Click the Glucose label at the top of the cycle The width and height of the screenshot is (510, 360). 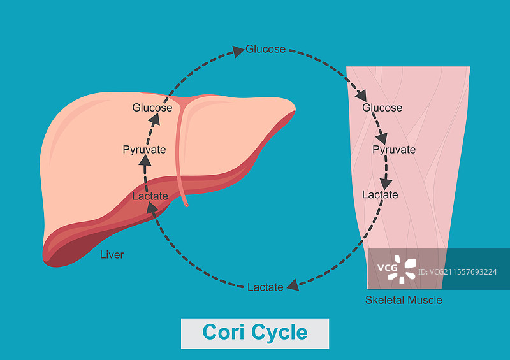coord(266,49)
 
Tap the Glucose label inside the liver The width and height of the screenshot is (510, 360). coord(152,107)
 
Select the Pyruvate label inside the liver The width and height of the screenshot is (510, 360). coord(144,150)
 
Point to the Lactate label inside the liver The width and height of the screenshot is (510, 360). coord(150,196)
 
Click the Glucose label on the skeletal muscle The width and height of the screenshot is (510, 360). coord(382,108)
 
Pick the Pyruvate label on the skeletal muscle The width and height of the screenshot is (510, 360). coord(394,150)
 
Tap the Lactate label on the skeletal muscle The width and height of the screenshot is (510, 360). coord(380,194)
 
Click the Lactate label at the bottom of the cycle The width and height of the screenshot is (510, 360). coord(265,287)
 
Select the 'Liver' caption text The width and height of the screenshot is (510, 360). coord(112,255)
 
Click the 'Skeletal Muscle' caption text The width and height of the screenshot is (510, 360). coord(404,299)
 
